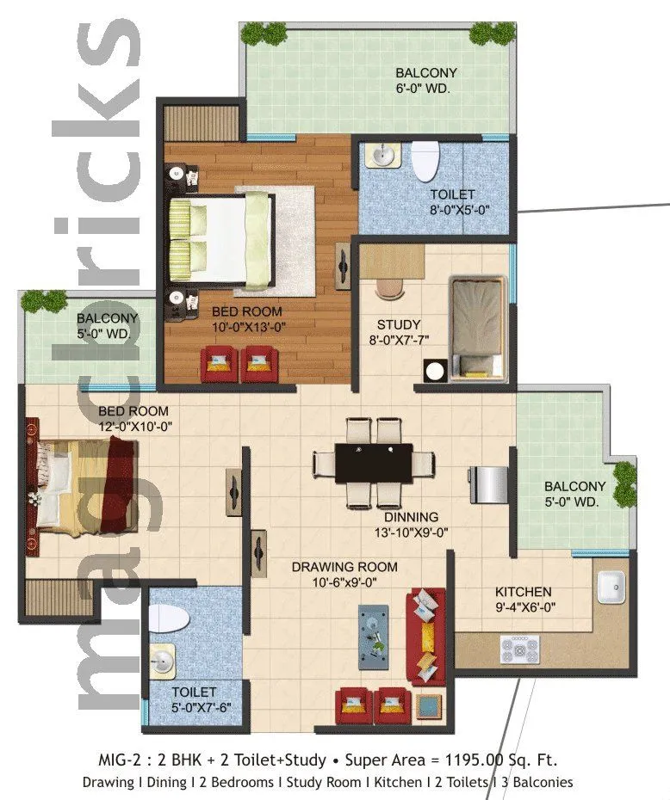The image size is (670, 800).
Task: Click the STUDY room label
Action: click(x=399, y=324)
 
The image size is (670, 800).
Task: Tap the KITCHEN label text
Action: click(x=523, y=592)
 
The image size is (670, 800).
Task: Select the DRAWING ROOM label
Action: click(x=344, y=567)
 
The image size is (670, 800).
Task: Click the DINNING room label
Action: click(x=411, y=517)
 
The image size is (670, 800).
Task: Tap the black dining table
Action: click(x=374, y=463)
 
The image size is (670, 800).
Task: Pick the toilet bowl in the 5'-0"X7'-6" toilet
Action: click(x=170, y=618)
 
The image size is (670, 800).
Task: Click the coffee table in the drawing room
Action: click(x=374, y=633)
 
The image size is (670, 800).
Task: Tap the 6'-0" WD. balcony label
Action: click(x=425, y=88)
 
